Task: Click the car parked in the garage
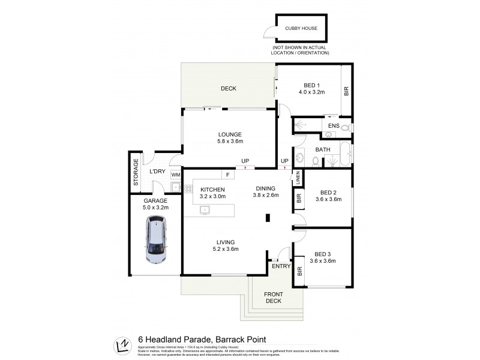(x=157, y=240)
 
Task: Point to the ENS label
(x=334, y=126)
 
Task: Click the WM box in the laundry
(x=176, y=175)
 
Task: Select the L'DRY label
(x=157, y=172)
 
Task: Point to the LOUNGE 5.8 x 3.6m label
(x=230, y=137)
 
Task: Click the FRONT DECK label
(x=273, y=298)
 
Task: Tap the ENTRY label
(x=281, y=266)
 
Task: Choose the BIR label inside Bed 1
(x=346, y=92)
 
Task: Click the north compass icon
(x=123, y=346)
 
